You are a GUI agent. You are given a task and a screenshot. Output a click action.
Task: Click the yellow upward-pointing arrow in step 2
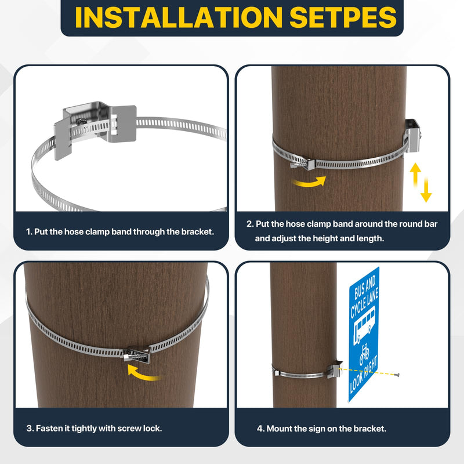415,173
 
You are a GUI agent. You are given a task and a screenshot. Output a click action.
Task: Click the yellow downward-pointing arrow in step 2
426,191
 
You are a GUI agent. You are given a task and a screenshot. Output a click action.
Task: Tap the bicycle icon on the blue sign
365,354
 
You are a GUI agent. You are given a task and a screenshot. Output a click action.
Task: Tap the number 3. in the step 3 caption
30,429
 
